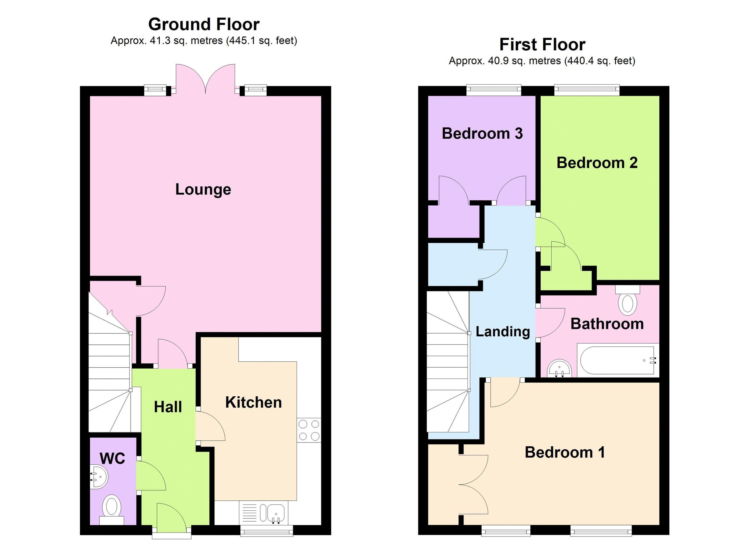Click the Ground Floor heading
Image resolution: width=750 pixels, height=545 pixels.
(204, 24)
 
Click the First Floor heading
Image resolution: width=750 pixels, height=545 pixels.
(542, 45)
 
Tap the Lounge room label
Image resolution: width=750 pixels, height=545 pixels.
(203, 189)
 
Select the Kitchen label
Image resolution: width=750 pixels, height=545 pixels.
(253, 403)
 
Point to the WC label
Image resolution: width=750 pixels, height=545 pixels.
(112, 458)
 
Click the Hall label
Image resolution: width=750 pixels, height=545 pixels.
(168, 407)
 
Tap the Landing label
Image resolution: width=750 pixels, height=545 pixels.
(502, 331)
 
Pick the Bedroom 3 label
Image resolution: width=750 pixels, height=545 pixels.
(482, 134)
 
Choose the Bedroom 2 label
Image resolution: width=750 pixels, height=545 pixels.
(597, 163)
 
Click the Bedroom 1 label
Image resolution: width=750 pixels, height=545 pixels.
(565, 452)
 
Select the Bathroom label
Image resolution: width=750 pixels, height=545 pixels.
(607, 324)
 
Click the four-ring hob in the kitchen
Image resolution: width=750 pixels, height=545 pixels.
(309, 430)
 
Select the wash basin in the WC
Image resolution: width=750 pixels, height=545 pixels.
(99, 476)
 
